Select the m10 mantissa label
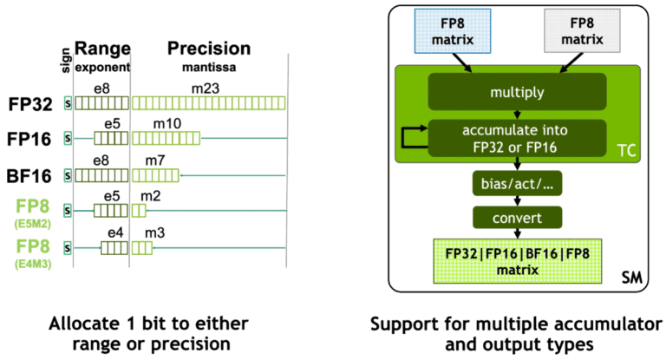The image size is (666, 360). point(167,122)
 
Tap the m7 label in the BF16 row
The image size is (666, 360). point(155,159)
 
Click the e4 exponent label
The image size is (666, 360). point(114,232)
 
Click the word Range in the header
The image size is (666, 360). point(101,49)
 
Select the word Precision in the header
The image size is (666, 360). point(208,49)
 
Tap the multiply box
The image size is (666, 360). point(517,91)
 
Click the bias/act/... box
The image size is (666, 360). point(517,184)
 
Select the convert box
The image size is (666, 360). point(517,218)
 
